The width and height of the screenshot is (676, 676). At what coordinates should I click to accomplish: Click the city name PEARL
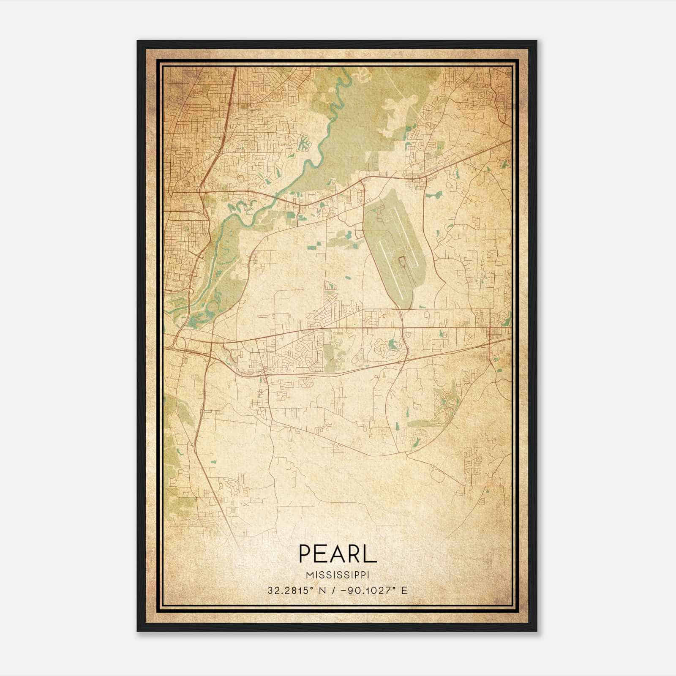[x=338, y=553]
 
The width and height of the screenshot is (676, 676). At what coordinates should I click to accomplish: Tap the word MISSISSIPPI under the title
[x=338, y=575]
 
